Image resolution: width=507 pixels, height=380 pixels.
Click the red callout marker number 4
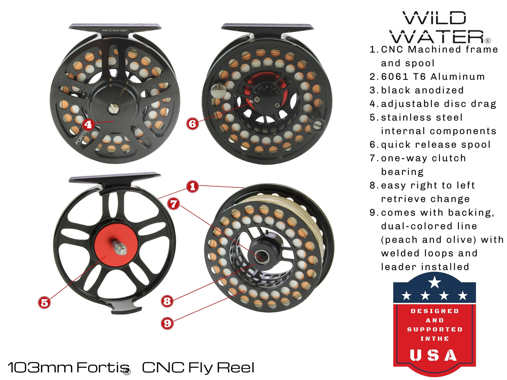pos(88,124)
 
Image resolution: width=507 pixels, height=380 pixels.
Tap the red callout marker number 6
pos(192,123)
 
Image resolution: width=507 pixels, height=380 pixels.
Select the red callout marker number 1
pos(192,186)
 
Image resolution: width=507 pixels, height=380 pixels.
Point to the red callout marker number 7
pos(174,204)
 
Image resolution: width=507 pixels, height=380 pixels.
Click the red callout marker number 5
pos(44,303)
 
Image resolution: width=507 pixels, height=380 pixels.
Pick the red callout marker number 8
pos(167,301)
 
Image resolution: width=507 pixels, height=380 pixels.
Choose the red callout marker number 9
pos(167,323)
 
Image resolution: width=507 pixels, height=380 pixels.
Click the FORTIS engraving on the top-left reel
pos(81,137)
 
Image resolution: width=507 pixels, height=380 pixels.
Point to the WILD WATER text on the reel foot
pos(114,30)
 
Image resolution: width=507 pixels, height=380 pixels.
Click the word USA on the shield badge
pos(434,355)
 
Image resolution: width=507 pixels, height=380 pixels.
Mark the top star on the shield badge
pos(434,282)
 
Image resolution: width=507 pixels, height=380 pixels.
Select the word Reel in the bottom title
pos(235,367)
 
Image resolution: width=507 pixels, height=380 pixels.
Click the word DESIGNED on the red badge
pos(434,311)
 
